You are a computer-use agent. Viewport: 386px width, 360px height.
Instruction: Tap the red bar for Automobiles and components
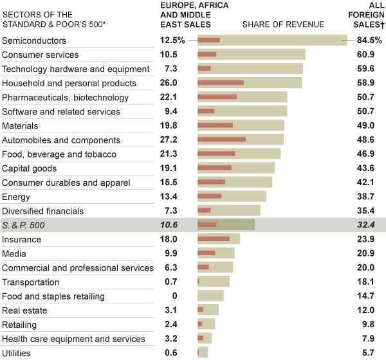click(221, 139)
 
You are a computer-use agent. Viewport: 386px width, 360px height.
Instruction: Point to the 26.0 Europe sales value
click(169, 83)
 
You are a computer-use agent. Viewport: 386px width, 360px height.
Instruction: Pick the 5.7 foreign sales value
click(374, 352)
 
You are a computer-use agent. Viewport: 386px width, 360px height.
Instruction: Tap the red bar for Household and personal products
click(220, 83)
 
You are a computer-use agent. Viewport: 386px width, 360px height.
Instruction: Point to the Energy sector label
click(17, 196)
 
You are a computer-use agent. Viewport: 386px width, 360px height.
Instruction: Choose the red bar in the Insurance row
click(213, 239)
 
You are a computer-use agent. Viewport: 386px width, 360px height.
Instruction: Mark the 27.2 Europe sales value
click(169, 139)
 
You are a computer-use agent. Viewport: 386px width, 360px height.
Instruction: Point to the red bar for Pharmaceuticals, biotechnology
click(217, 97)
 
